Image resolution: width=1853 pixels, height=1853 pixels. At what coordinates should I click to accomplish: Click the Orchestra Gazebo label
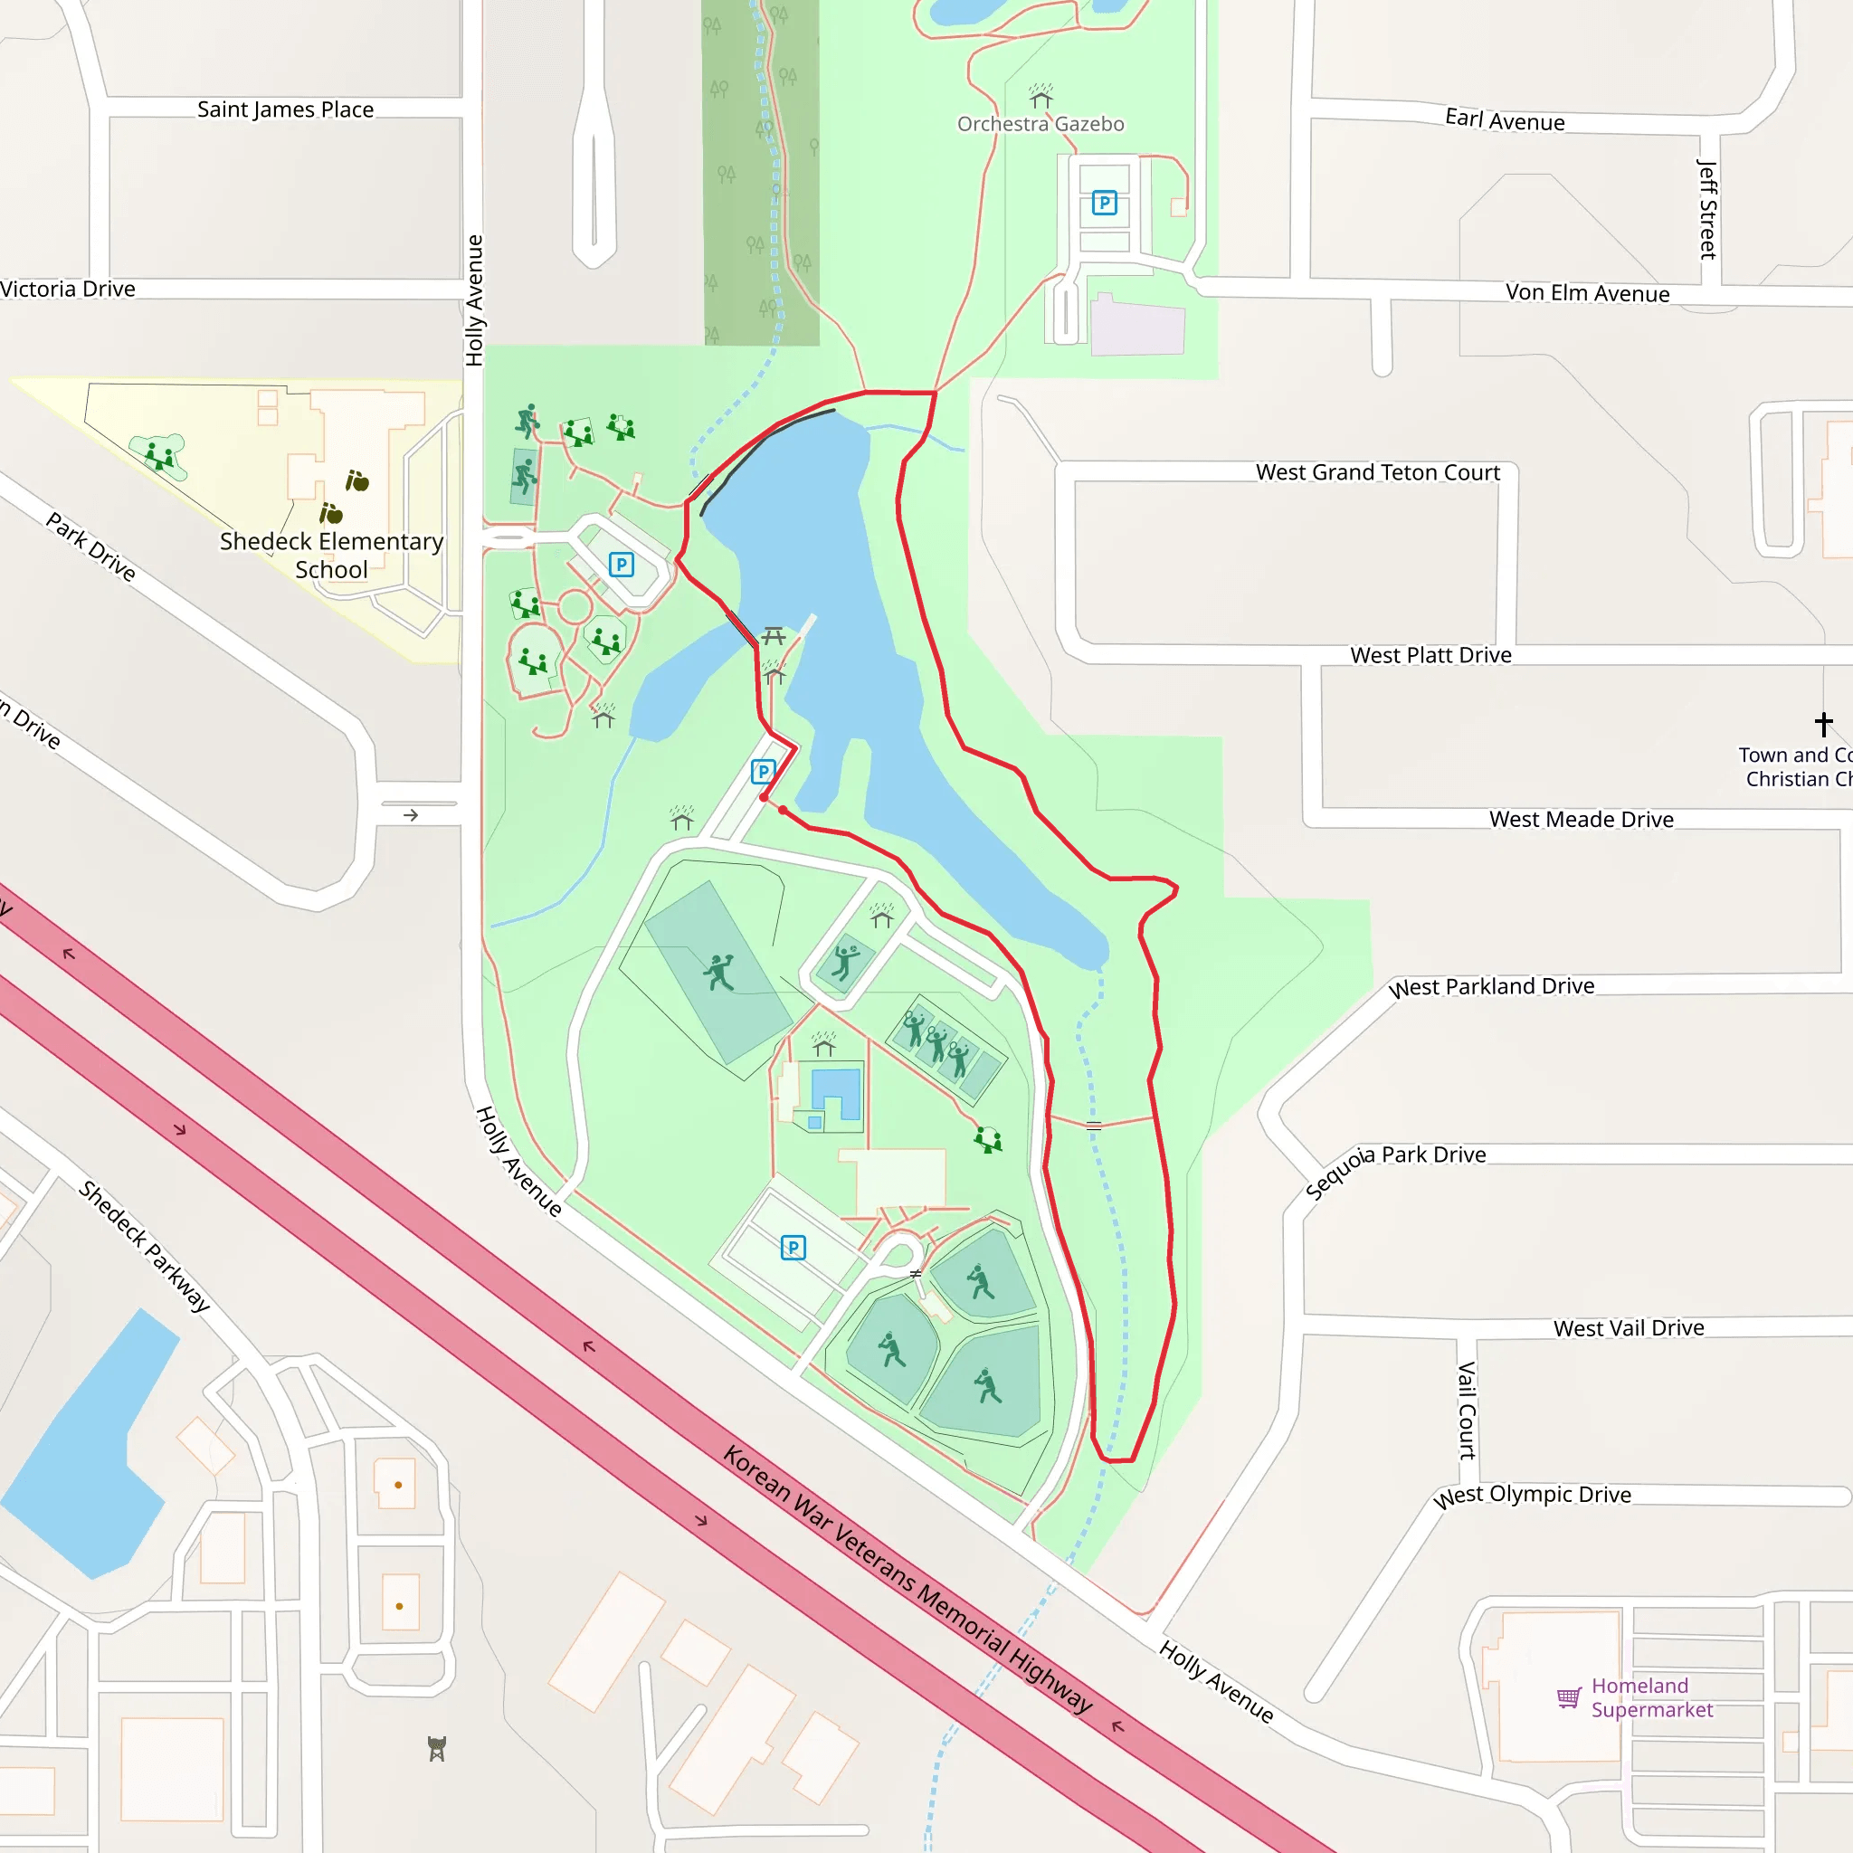point(1041,124)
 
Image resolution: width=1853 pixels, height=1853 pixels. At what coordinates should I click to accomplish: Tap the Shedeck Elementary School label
point(331,556)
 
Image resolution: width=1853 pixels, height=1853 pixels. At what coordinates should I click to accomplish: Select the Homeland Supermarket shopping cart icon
point(1568,1697)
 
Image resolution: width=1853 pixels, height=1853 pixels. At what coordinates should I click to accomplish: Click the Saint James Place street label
point(285,109)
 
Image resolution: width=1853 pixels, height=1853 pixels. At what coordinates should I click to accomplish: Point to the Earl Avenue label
point(1505,120)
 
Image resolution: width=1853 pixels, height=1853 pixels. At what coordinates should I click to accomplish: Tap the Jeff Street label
point(1707,209)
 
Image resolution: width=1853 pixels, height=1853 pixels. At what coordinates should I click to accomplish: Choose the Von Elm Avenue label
point(1587,292)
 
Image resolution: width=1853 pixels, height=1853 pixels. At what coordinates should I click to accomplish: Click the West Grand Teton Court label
point(1377,472)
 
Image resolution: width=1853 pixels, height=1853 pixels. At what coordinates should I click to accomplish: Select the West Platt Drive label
point(1430,655)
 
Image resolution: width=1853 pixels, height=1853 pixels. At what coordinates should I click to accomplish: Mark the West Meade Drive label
point(1581,819)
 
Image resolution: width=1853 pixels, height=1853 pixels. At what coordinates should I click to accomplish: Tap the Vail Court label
point(1467,1410)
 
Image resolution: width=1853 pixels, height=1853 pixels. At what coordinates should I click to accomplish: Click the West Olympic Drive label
point(1532,1496)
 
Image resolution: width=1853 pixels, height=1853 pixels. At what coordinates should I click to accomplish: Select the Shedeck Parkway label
point(144,1245)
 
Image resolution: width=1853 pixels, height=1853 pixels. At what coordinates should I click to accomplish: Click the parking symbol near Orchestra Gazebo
point(1104,204)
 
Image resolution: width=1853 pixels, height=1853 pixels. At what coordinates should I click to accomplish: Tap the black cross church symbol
point(1823,723)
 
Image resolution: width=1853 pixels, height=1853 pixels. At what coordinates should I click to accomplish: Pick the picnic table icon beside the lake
point(773,635)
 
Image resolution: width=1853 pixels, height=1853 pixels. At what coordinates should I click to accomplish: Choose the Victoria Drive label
point(67,289)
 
